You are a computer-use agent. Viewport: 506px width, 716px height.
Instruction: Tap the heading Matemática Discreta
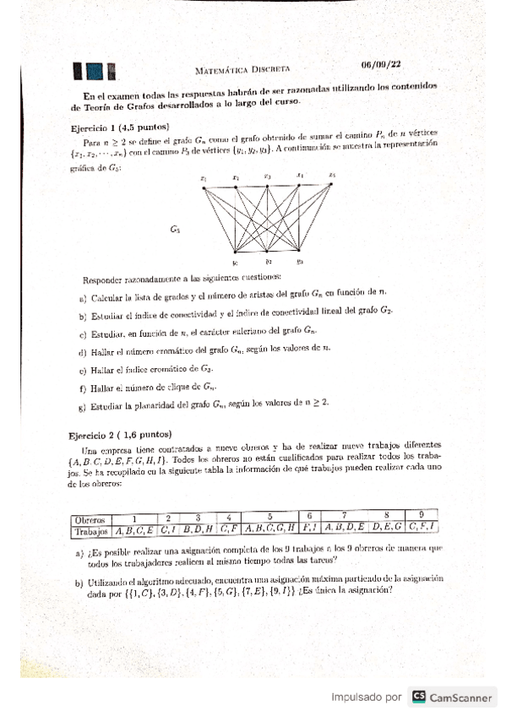[x=242, y=68]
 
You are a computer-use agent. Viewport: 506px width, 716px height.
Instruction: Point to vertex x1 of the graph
[x=204, y=187]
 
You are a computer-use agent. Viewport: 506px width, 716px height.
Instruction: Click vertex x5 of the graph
[x=332, y=184]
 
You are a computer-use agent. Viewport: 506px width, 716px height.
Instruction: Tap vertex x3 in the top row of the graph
[x=267, y=185]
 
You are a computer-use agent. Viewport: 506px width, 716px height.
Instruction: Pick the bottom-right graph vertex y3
[x=299, y=251]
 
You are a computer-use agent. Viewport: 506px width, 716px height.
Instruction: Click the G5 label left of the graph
[x=175, y=228]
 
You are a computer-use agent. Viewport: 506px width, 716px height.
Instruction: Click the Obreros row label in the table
[x=89, y=519]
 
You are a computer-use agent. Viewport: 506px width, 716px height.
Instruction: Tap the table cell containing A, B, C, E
[x=134, y=531]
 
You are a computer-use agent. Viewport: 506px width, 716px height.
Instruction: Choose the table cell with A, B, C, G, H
[x=269, y=530]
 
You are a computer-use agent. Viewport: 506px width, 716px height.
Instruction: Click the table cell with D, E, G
[x=386, y=529]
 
